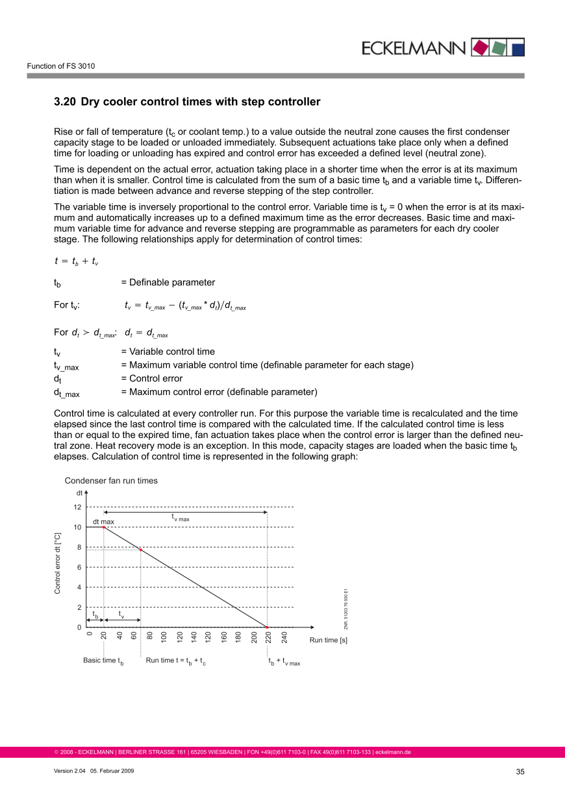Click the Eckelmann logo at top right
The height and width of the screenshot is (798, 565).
coord(442,47)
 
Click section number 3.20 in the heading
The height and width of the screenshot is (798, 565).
coord(65,102)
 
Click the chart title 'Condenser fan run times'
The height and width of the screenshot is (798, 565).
coord(111,481)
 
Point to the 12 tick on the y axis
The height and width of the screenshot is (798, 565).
coord(77,507)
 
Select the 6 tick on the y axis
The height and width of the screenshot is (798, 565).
coord(78,568)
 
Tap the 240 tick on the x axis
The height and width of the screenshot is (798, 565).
coord(284,637)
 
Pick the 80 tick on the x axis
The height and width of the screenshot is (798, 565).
coord(149,637)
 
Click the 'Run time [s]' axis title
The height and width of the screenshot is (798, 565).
coord(328,640)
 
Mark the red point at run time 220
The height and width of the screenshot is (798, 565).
coord(268,627)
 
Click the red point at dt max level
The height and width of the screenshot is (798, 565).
coord(104,527)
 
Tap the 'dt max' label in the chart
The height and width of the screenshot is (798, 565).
coord(103,521)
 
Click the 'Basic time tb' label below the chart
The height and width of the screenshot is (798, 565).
coord(103,661)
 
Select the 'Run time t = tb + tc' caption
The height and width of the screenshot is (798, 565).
coord(176,661)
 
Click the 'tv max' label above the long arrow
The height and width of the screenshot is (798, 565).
coord(181,518)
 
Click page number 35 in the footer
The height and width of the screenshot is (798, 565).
coord(520,771)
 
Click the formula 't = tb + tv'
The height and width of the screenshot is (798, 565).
coord(77,261)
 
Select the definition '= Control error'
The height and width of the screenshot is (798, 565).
coord(151,378)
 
